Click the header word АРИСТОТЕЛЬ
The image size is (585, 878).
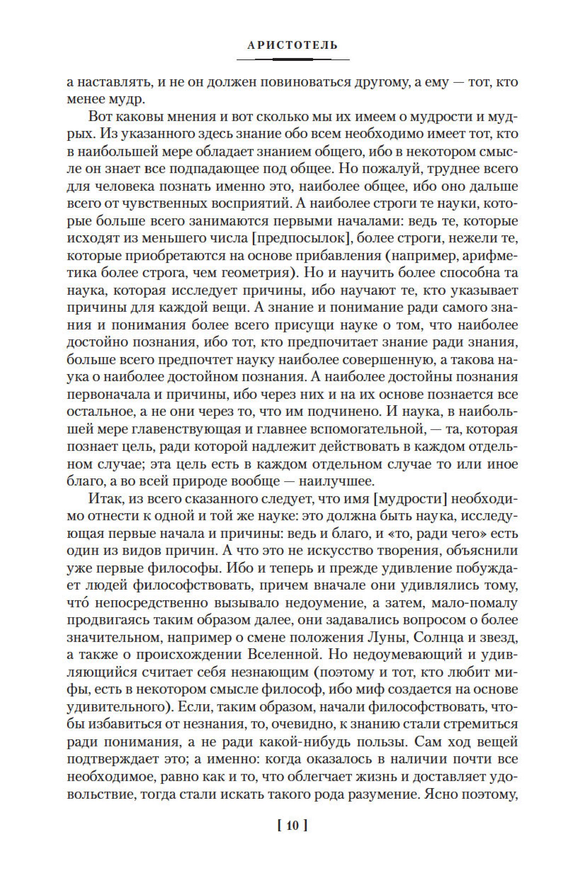pos(292,46)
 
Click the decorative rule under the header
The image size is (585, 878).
pos(292,59)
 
